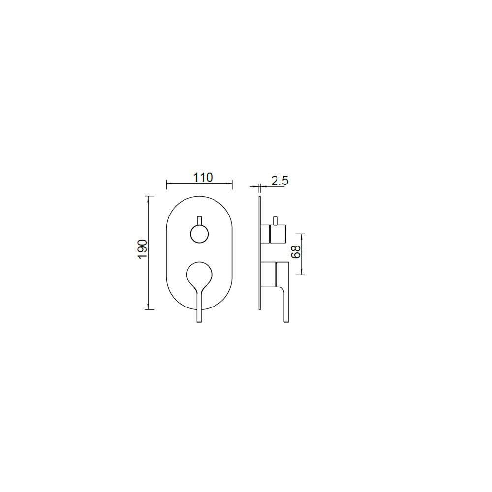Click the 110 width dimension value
(202, 178)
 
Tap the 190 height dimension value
(143, 249)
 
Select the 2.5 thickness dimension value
(279, 181)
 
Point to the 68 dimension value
(296, 251)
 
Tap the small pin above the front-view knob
(199, 221)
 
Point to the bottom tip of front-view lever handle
(199, 322)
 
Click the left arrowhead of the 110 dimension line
(169, 183)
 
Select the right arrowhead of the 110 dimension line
(229, 183)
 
